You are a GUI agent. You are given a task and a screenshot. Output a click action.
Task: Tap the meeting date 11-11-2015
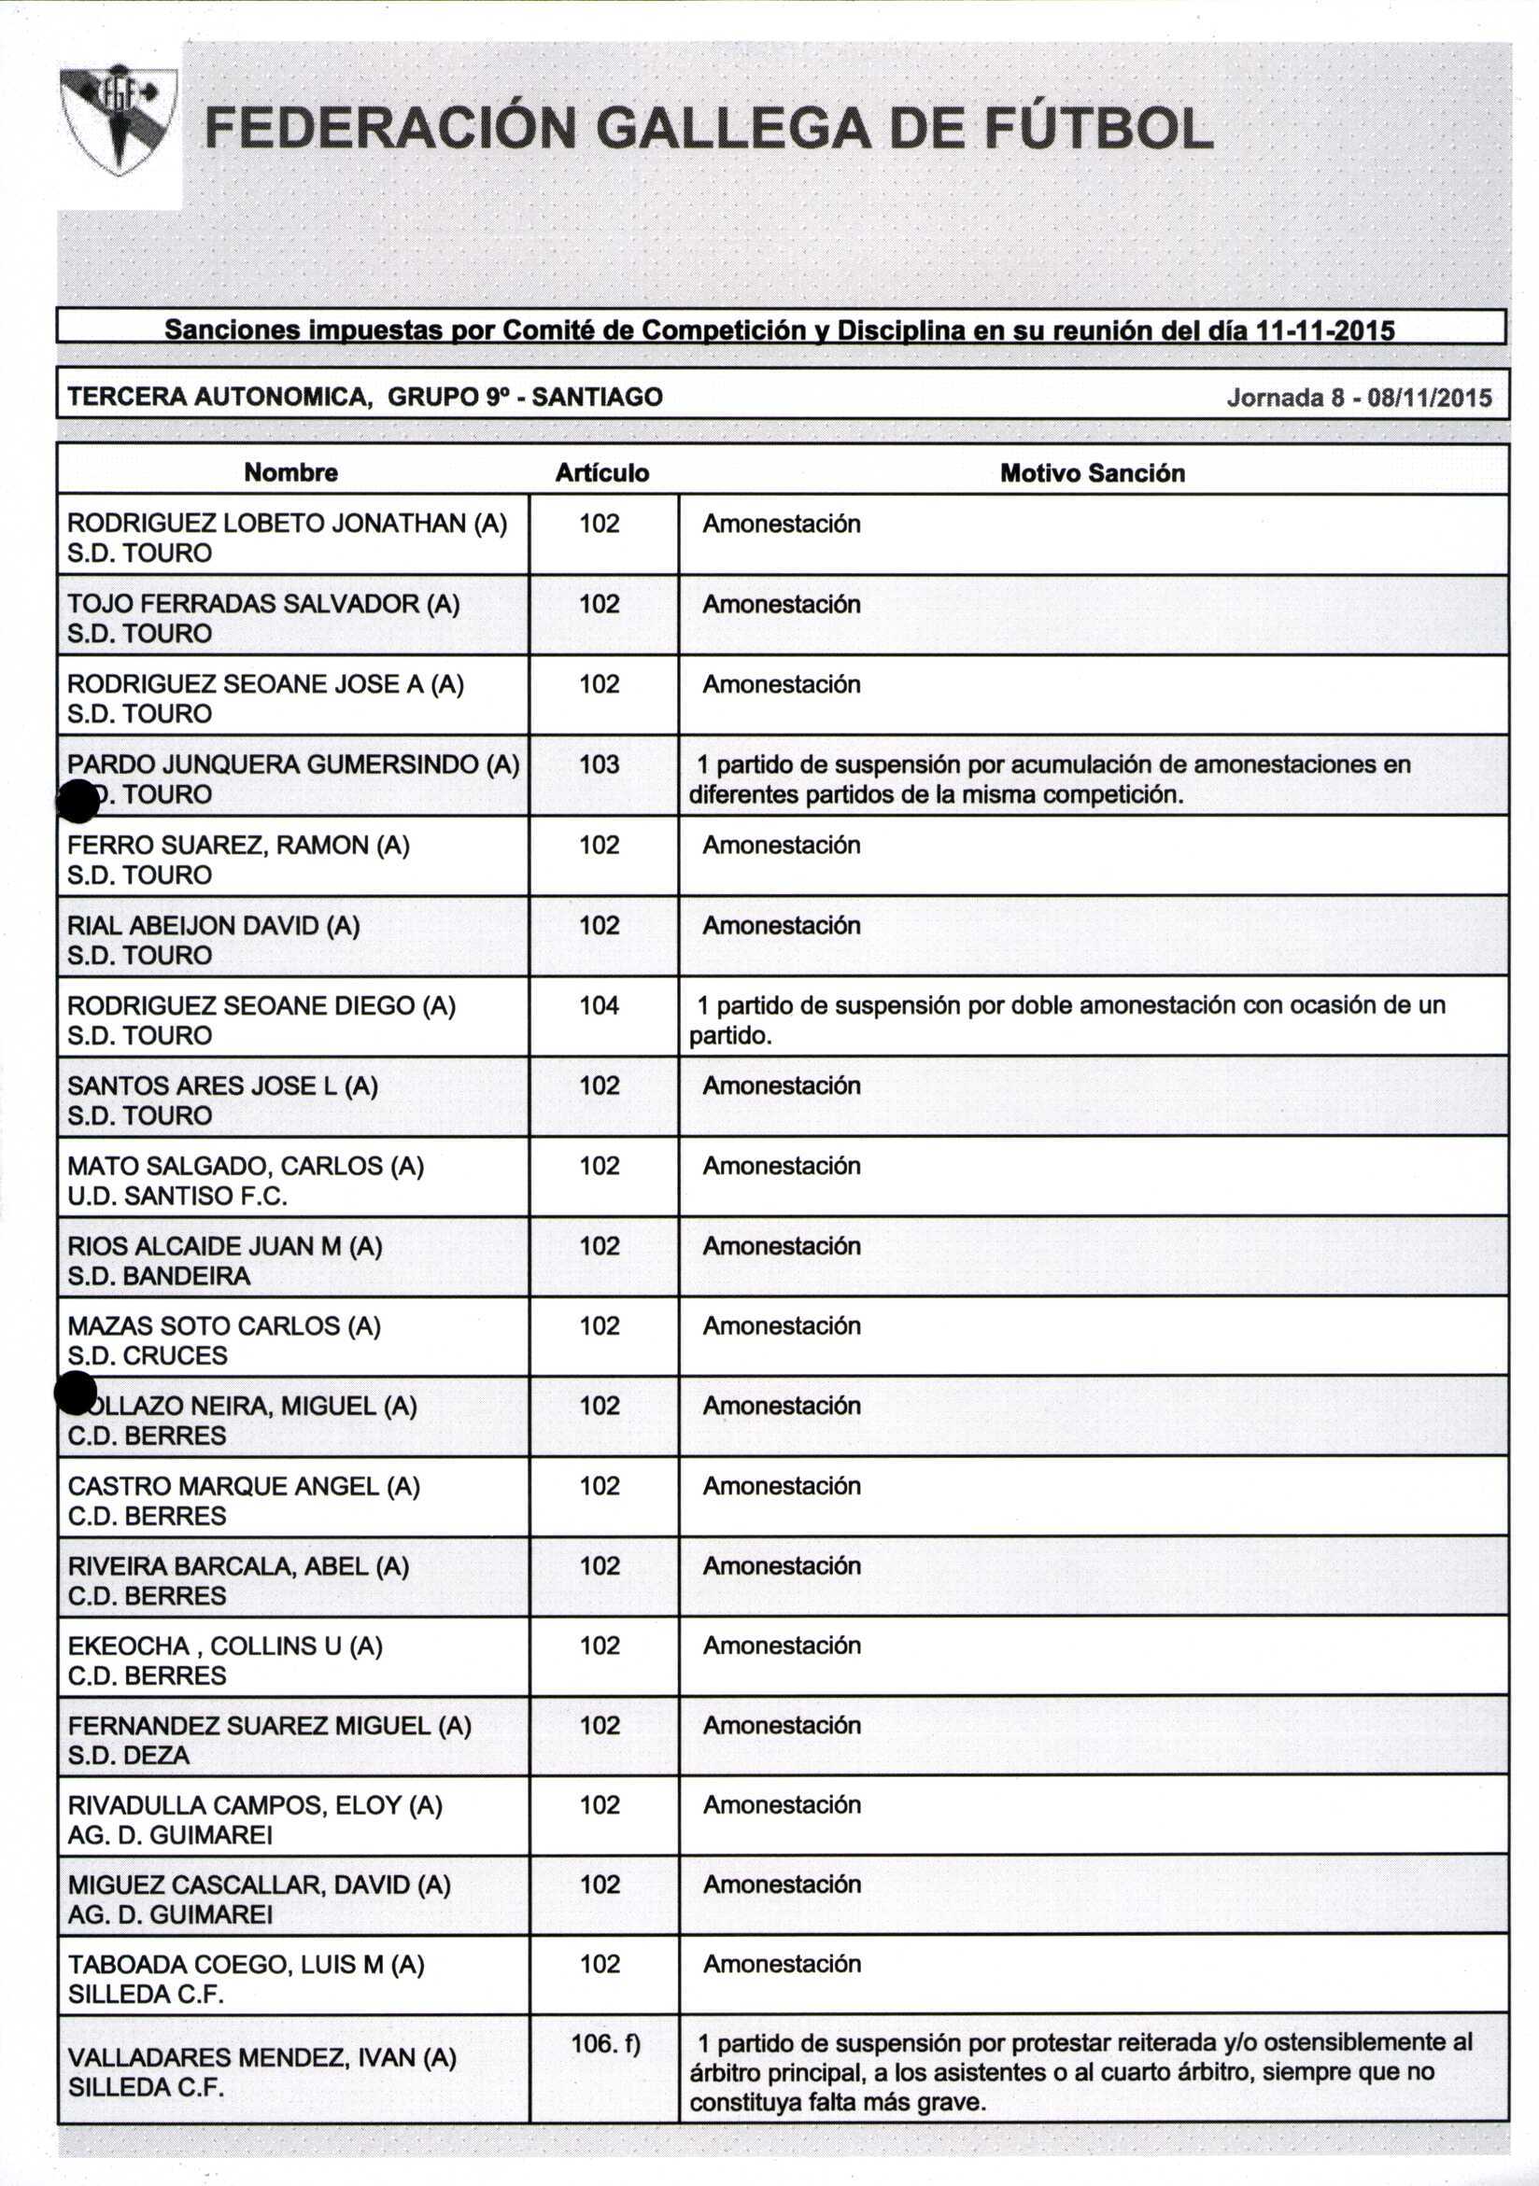[x=1325, y=330]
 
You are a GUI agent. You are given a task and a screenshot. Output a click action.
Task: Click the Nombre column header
[x=290, y=472]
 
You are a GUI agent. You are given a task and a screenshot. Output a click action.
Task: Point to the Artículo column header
[x=602, y=473]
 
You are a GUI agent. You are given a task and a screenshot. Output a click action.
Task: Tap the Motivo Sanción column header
[x=1092, y=473]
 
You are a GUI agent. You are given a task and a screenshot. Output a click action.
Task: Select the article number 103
[x=599, y=764]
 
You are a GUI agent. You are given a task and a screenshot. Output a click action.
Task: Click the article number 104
[x=599, y=1005]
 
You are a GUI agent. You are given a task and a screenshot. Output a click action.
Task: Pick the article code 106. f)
[x=606, y=2043]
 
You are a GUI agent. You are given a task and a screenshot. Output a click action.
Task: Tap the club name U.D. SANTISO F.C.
[x=177, y=1196]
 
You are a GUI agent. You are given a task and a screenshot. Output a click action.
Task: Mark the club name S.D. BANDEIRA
[x=159, y=1276]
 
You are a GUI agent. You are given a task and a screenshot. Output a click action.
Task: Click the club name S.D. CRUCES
[x=148, y=1356]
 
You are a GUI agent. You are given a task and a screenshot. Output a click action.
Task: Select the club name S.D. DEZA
[x=129, y=1756]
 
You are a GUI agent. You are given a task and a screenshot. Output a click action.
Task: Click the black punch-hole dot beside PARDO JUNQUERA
[x=78, y=801]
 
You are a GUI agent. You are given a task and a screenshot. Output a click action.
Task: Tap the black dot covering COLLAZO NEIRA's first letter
[x=76, y=1393]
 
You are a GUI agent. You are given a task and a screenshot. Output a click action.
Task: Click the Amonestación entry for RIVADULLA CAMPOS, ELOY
[x=781, y=1805]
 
